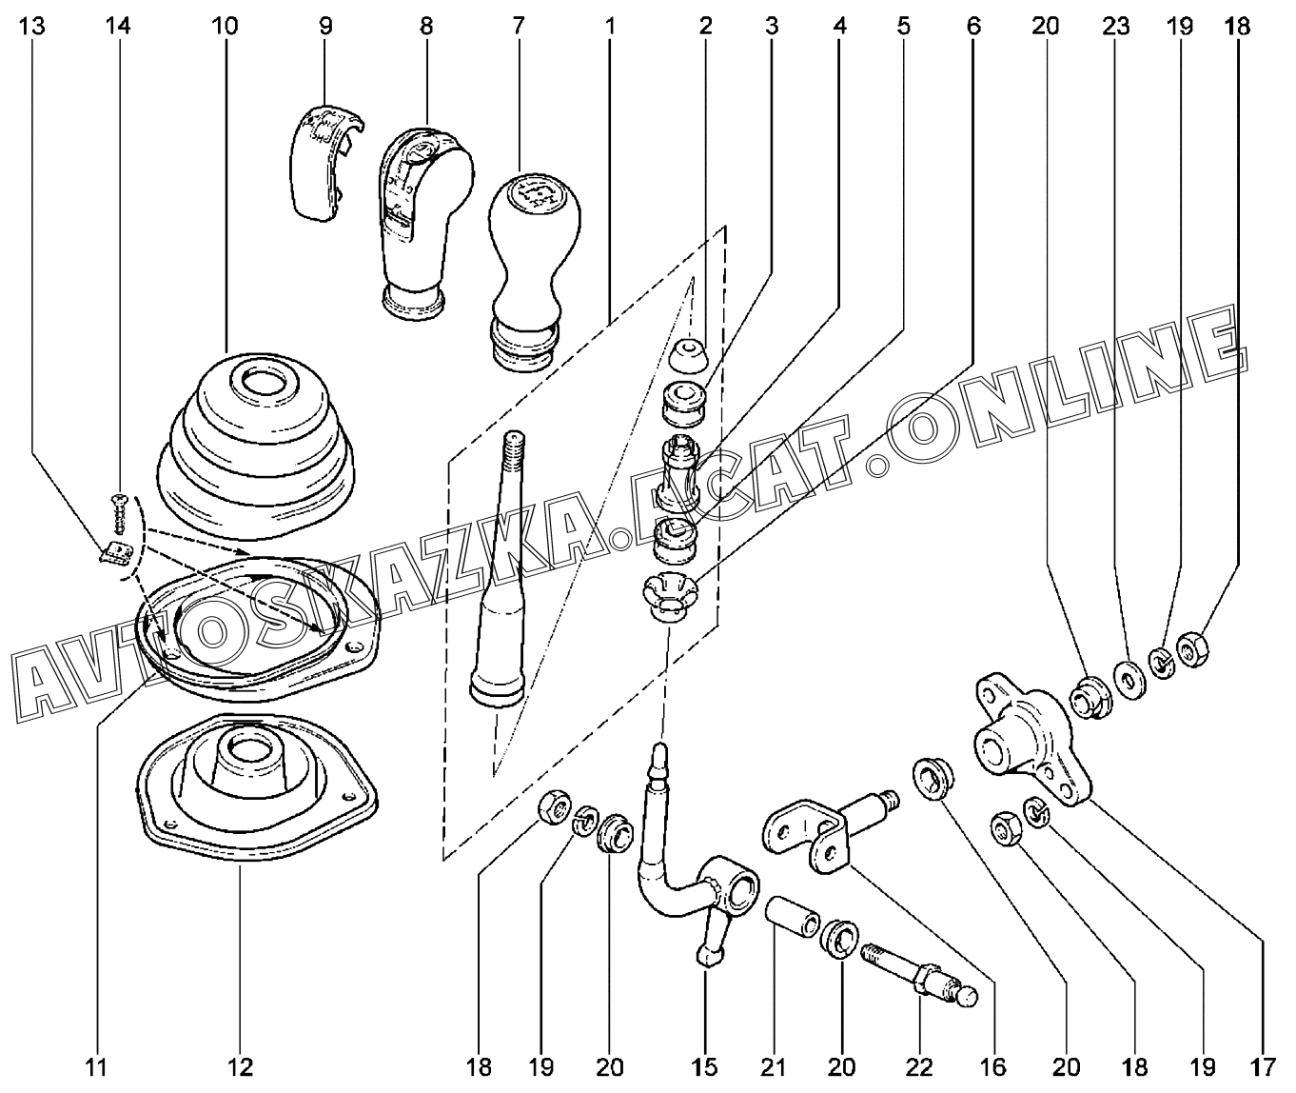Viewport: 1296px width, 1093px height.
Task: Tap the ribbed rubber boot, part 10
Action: (256, 445)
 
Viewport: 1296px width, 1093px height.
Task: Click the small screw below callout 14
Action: (118, 514)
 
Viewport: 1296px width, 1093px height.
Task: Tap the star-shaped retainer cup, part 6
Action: (670, 598)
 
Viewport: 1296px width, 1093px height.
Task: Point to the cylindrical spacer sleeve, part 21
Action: (792, 917)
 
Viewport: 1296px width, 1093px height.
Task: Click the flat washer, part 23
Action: (1129, 682)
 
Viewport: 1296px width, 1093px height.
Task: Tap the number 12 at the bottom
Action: (241, 1068)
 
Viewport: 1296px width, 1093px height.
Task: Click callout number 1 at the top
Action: (610, 26)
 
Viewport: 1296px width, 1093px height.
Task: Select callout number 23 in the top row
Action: (1116, 26)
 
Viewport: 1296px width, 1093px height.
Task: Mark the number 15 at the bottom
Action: (705, 1068)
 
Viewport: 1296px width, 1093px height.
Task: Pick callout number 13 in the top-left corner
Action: (32, 26)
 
